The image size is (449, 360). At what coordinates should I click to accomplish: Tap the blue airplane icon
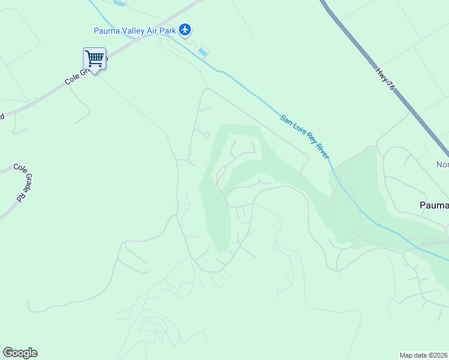[185, 29]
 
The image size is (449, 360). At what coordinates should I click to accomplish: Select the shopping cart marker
[94, 59]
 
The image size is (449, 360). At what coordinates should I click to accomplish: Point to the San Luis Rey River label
[305, 136]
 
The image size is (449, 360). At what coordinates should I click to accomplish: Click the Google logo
[20, 353]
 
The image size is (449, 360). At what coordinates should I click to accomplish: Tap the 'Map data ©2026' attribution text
[424, 355]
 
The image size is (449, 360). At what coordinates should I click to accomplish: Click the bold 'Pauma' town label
[433, 205]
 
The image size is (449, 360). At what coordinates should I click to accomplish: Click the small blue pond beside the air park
[203, 52]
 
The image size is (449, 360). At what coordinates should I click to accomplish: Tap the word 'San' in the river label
[286, 119]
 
